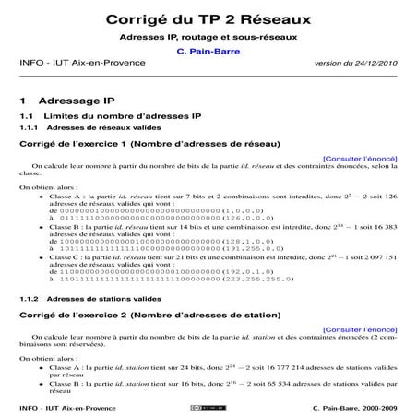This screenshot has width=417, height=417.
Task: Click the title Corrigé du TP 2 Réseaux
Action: coord(208,18)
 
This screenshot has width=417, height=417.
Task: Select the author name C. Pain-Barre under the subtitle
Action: coord(208,51)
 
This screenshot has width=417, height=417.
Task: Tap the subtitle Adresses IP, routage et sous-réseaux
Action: coord(208,36)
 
